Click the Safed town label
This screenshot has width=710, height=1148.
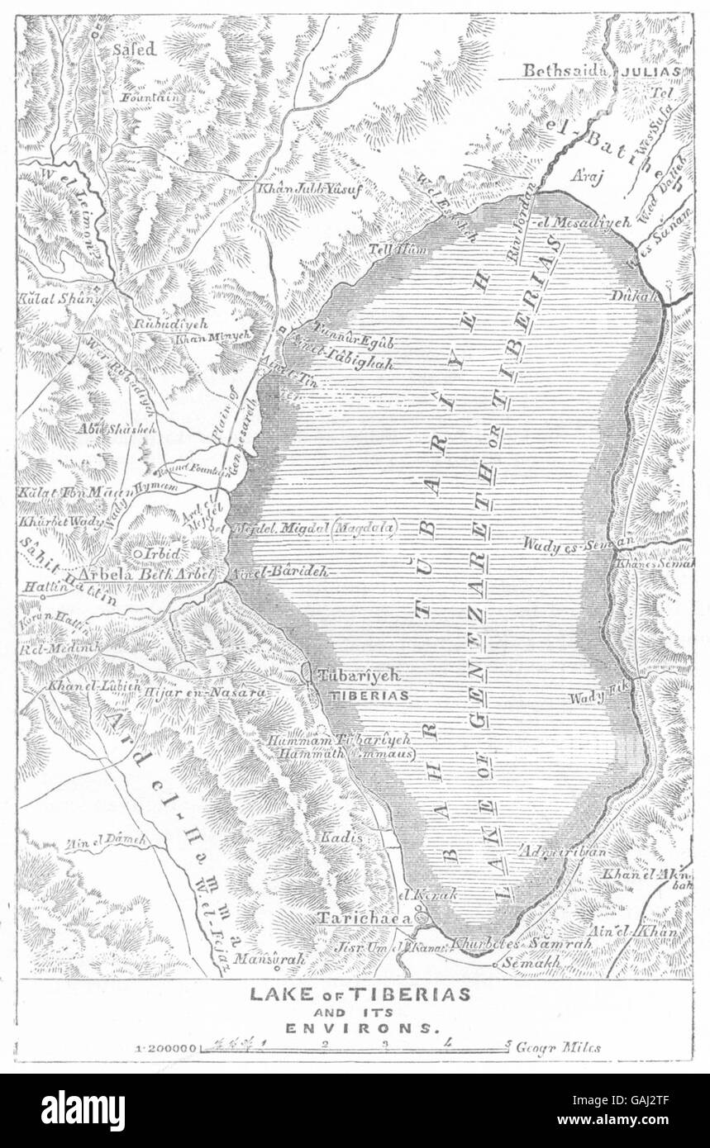pos(134,50)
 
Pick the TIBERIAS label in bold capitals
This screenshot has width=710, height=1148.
pos(369,695)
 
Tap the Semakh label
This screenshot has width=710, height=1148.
pos(536,962)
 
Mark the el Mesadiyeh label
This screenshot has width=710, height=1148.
pos(582,221)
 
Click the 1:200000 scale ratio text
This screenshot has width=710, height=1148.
pos(168,1048)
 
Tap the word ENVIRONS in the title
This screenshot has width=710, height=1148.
pos(360,1028)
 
